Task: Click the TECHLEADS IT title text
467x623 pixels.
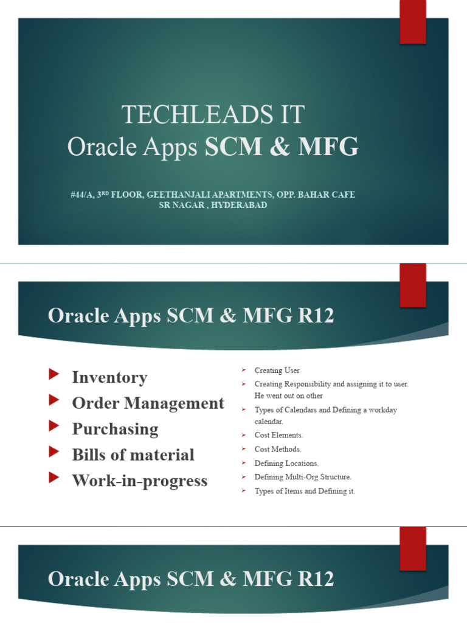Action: pyautogui.click(x=213, y=115)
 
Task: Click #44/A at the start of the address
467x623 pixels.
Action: pyautogui.click(x=80, y=195)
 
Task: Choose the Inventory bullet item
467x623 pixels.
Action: pyautogui.click(x=109, y=377)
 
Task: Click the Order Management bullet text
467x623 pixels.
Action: pyautogui.click(x=148, y=403)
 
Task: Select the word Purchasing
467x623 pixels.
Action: pyautogui.click(x=115, y=429)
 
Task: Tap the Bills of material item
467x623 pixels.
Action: pyautogui.click(x=133, y=455)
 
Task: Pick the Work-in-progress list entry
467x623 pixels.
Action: pyautogui.click(x=139, y=481)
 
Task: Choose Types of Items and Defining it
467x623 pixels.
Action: pyautogui.click(x=305, y=491)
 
